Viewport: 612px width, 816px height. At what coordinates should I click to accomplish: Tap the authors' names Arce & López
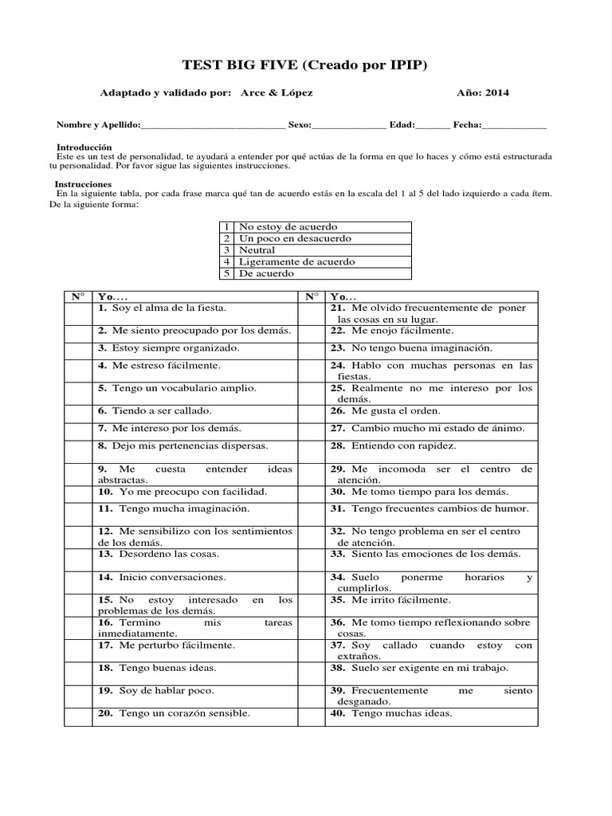click(x=276, y=93)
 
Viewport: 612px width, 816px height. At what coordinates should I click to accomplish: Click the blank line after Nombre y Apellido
click(x=213, y=126)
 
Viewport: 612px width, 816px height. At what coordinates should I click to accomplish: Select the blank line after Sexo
click(x=350, y=126)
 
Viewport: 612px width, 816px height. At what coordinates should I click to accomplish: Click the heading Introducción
click(x=84, y=147)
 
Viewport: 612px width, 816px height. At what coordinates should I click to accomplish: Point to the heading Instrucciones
click(x=83, y=184)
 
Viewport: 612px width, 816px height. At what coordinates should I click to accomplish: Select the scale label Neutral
click(x=257, y=250)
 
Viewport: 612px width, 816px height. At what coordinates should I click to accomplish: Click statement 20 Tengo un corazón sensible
click(x=174, y=713)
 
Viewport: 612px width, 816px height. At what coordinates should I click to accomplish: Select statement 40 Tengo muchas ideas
click(x=390, y=713)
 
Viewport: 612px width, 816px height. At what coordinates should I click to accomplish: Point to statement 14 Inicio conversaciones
click(x=163, y=576)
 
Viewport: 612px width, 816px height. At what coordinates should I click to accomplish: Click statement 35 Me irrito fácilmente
click(x=390, y=599)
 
